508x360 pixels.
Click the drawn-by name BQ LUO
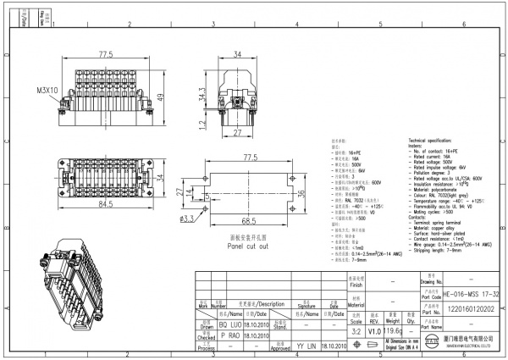(231, 324)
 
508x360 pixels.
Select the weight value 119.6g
(395, 333)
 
